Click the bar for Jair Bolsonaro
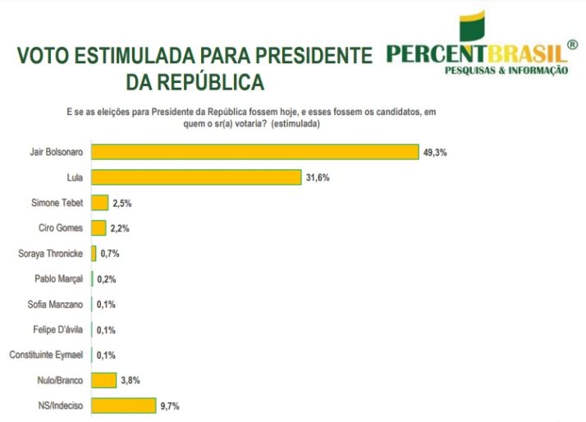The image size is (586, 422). pos(254,152)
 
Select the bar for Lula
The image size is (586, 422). pos(195,177)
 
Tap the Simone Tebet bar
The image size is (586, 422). pos(99,203)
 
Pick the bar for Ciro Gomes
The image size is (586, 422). pos(98,227)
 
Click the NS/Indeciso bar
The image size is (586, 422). pos(123,405)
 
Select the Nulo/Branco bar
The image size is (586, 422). pos(103,379)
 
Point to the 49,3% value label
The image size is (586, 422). pos(434,152)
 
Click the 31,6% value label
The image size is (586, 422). pos(317,177)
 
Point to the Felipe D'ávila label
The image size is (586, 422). pos(60,329)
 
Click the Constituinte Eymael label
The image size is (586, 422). pos(46,355)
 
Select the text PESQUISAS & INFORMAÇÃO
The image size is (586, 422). pos(505,71)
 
